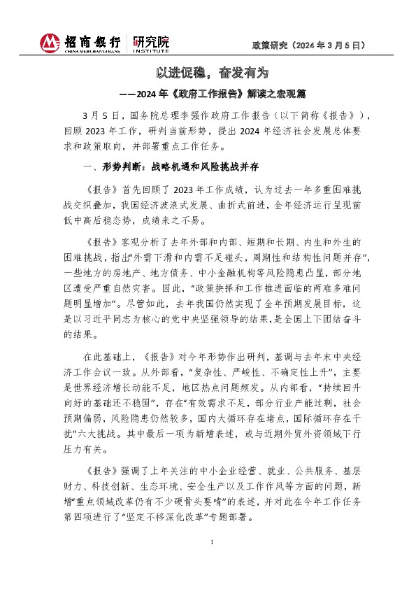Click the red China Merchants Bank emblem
[x=50, y=43]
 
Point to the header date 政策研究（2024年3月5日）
[x=309, y=44]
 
